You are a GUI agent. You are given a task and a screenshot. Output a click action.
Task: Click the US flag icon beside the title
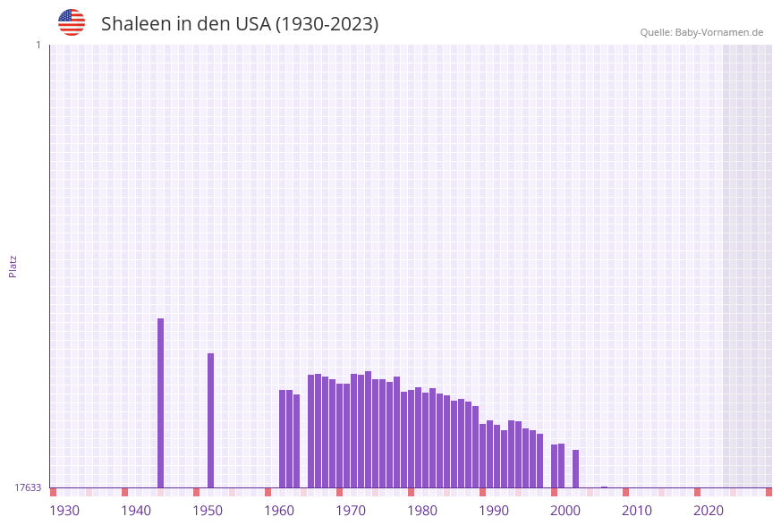(72, 22)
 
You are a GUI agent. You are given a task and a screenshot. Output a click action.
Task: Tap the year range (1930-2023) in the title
(327, 24)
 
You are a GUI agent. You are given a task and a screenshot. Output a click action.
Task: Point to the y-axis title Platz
(13, 266)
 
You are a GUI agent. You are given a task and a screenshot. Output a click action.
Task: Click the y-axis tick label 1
(38, 45)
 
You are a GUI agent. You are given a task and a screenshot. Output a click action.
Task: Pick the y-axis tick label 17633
(28, 487)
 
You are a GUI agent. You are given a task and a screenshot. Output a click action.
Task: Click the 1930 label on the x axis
(64, 511)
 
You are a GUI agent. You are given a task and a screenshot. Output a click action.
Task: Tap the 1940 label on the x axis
(136, 511)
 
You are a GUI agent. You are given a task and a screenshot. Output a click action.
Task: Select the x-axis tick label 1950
(208, 511)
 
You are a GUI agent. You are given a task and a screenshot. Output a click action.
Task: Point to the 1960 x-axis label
(279, 511)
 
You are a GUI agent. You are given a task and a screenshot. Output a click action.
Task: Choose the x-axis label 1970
(351, 511)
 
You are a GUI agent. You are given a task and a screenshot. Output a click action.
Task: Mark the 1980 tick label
(422, 511)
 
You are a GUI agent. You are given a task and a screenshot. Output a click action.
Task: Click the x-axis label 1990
(494, 511)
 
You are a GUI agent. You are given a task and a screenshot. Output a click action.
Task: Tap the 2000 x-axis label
(565, 511)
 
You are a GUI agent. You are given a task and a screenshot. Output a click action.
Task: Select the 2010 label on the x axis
(637, 511)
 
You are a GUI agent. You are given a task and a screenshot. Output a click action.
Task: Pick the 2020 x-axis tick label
(709, 511)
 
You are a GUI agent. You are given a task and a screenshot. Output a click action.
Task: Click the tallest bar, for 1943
(161, 402)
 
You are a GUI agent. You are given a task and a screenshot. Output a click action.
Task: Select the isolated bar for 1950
(211, 420)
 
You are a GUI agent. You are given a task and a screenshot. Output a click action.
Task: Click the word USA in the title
(252, 24)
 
